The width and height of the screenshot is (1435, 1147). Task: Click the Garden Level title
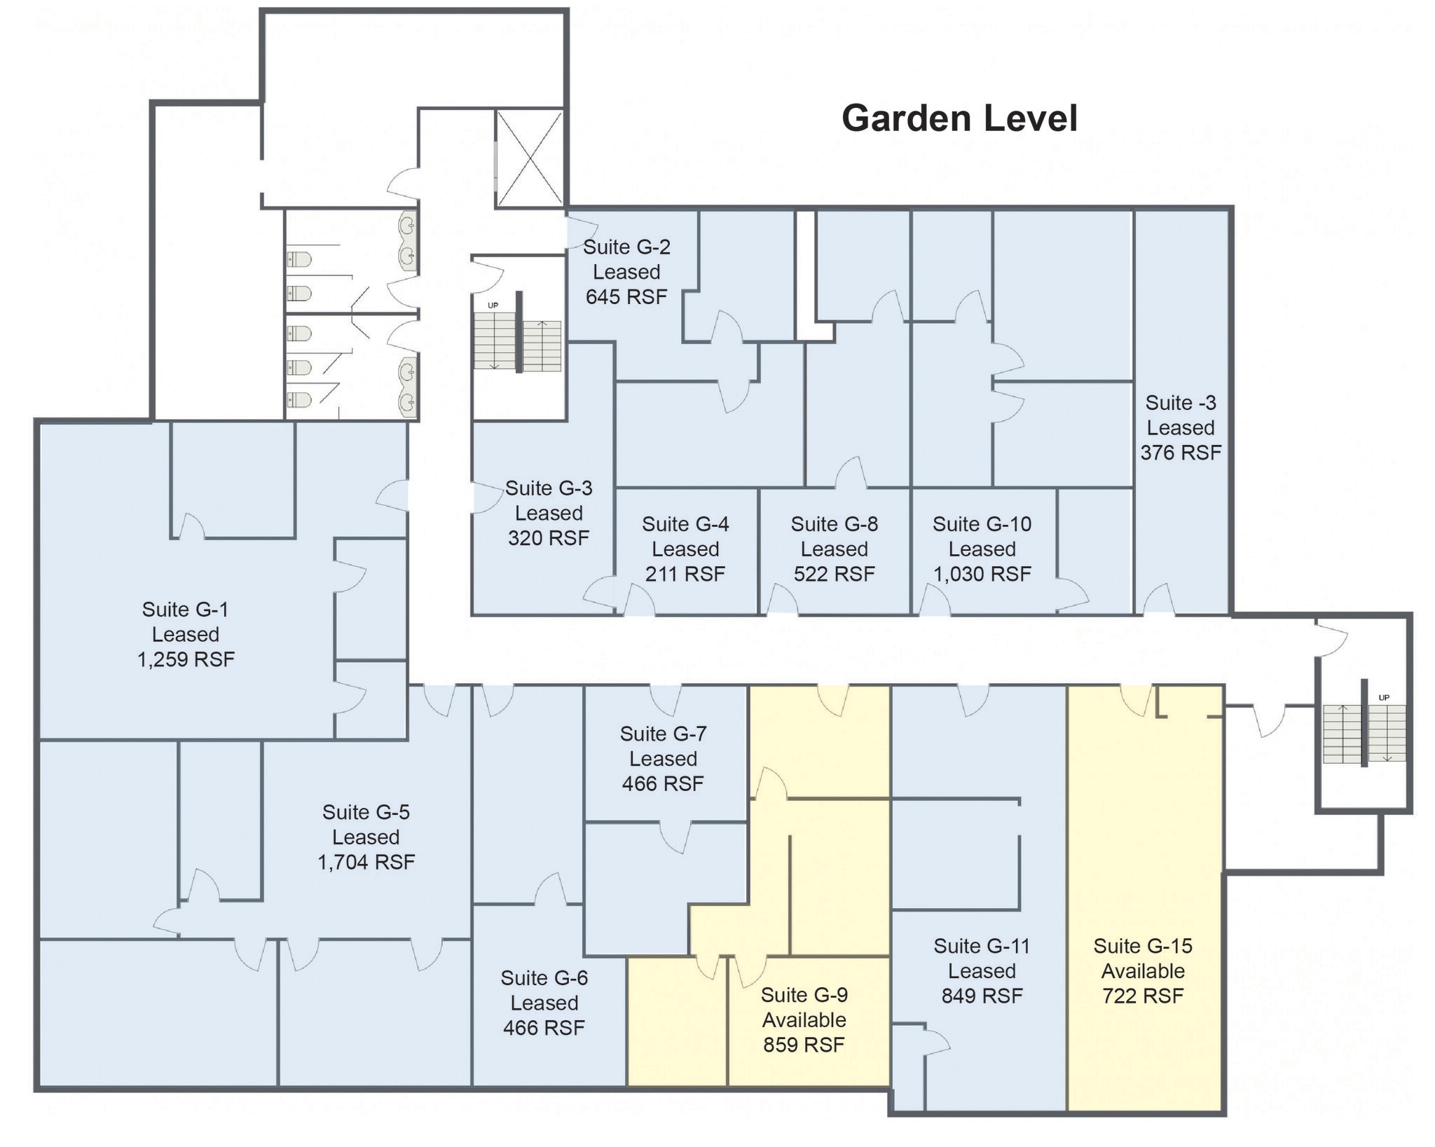(959, 118)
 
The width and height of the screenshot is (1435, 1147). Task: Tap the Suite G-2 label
(626, 247)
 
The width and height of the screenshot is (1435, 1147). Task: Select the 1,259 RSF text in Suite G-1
(186, 659)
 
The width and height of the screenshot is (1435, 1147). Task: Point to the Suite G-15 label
(1142, 946)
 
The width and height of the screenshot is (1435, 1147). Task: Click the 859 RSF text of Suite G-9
(804, 1045)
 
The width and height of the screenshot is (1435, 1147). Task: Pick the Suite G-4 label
(685, 524)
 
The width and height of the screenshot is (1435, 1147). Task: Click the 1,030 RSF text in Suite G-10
(982, 574)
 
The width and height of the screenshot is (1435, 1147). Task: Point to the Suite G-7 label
(663, 734)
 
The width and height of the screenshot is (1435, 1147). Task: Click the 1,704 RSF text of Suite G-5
(366, 862)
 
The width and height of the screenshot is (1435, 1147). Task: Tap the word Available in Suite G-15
(1142, 971)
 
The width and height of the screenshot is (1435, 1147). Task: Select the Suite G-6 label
(544, 978)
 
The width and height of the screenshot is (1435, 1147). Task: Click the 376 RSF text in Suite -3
(1180, 453)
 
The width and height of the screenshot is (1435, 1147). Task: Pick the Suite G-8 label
(834, 524)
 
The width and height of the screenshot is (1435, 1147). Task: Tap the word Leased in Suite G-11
(982, 971)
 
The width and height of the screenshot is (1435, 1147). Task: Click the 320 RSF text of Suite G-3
(548, 538)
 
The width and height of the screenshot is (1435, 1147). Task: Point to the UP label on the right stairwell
(1383, 697)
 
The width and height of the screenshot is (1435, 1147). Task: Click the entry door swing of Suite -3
(1160, 600)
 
